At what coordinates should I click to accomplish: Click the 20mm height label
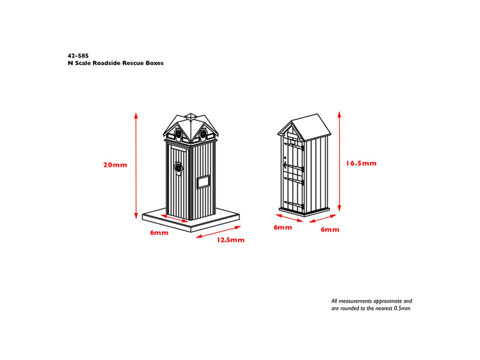(x=115, y=166)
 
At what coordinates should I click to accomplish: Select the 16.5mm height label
(x=361, y=163)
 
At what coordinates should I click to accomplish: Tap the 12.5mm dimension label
(x=230, y=240)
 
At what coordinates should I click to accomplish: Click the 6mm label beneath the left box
(x=159, y=232)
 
